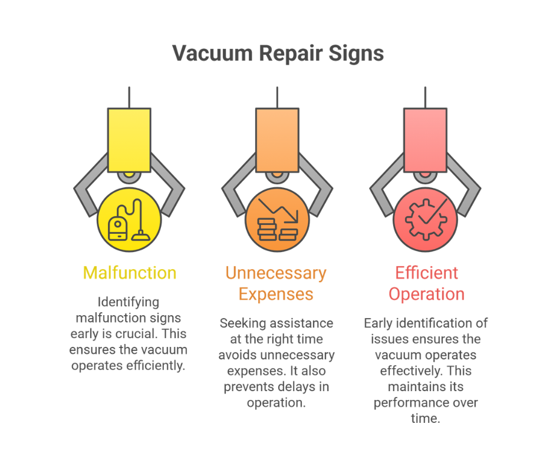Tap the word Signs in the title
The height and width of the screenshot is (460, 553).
point(356,54)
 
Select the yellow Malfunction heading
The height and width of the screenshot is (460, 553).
point(130,273)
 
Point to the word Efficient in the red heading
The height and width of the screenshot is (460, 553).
point(426,273)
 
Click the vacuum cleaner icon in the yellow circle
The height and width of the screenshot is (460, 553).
point(129,220)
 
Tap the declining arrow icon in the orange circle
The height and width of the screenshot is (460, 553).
point(278,211)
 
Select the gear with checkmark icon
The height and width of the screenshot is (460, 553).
point(426,219)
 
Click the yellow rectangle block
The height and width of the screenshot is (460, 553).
point(129,140)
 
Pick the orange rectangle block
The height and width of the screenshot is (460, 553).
point(277,140)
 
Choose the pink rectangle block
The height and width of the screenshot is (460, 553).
point(425,140)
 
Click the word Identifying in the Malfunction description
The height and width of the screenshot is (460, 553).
point(129,302)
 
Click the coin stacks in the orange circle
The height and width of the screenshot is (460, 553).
point(278,229)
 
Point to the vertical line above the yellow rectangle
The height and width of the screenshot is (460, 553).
point(129,97)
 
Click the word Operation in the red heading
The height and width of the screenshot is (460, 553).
point(426,294)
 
